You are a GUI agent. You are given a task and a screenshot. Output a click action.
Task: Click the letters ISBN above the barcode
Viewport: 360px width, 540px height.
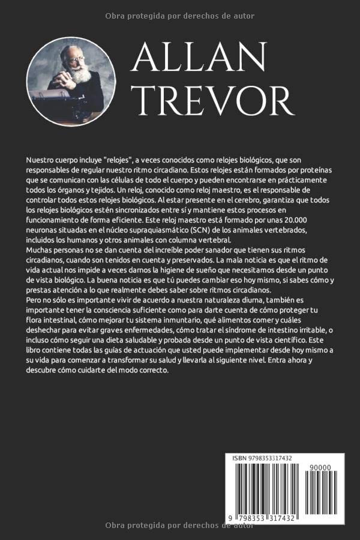(239, 458)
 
